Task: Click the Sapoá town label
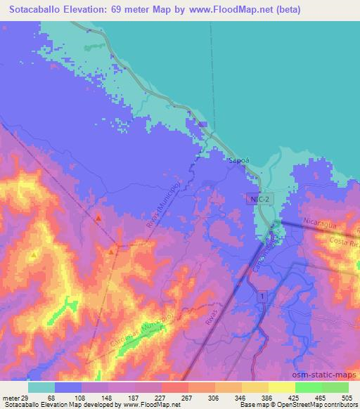tap(237, 161)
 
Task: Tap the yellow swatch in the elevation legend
tap(281, 387)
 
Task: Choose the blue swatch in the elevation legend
tap(67, 387)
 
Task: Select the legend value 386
tap(268, 397)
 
